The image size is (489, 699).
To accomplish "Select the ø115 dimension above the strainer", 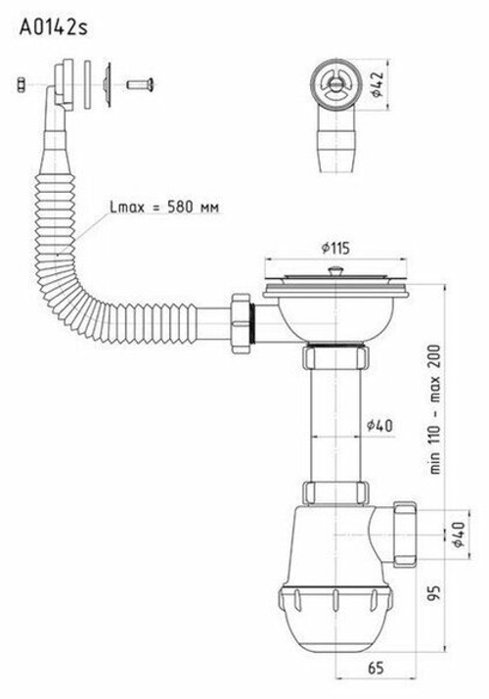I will (334, 247).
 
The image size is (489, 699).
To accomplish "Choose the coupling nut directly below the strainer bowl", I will (335, 360).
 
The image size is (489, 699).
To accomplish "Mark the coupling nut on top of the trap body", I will (335, 491).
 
